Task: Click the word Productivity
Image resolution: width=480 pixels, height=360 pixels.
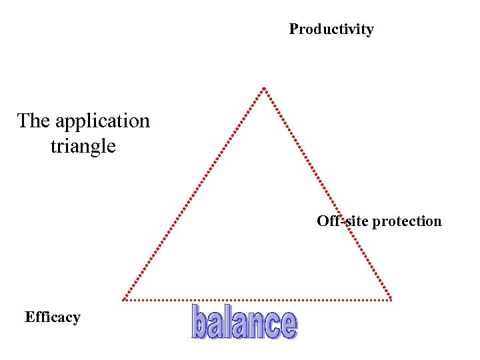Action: tap(331, 29)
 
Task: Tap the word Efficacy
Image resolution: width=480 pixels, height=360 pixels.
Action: tap(52, 317)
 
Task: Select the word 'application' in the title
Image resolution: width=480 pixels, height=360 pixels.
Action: tap(103, 121)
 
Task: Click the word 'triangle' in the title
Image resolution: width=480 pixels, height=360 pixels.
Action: tap(83, 146)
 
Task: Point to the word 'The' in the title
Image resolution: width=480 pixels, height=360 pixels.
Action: tap(33, 121)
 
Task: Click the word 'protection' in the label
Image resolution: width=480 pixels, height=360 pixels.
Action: tap(407, 221)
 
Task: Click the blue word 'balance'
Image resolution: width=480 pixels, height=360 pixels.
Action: tap(244, 323)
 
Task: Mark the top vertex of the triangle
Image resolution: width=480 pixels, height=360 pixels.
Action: tap(264, 89)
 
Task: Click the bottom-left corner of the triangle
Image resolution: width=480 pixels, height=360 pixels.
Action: tap(123, 300)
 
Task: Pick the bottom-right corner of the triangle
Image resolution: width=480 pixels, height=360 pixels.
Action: tap(391, 300)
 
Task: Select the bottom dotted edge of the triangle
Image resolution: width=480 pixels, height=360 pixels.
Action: tap(257, 300)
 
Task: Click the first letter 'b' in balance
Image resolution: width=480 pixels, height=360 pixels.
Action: tap(200, 322)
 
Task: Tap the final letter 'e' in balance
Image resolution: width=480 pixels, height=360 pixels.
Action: tap(288, 326)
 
